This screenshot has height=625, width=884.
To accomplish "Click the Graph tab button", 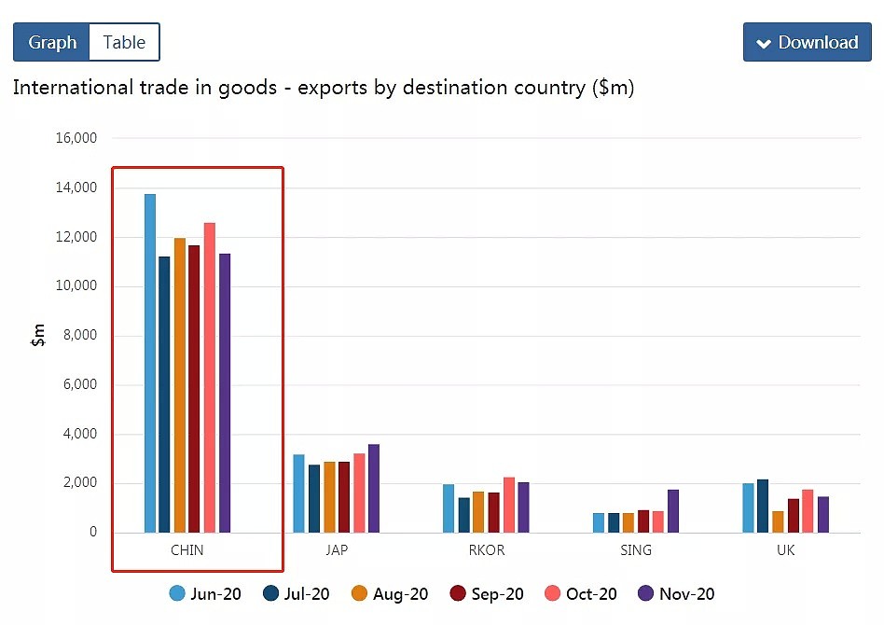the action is tap(51, 42).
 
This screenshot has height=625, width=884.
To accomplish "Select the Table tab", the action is tap(124, 42).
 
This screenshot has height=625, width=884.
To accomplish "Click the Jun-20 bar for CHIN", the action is tap(150, 363).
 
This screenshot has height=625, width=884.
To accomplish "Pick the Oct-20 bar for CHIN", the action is tap(210, 378).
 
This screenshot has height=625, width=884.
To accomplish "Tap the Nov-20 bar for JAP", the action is tap(374, 489).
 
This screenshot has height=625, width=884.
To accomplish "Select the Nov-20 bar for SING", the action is tap(673, 511).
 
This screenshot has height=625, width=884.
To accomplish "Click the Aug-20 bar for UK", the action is tap(778, 521).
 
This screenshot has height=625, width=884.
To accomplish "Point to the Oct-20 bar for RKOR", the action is tap(509, 505).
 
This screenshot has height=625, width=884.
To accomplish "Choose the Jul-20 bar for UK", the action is tap(763, 506).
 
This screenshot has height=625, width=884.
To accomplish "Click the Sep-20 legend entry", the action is tap(487, 593).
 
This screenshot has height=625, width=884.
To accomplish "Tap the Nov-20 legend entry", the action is tap(676, 593).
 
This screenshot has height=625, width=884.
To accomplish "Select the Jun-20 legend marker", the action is tap(177, 593).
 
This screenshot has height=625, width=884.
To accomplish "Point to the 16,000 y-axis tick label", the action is tap(76, 138).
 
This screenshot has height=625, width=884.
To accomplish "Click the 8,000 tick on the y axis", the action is tap(80, 335).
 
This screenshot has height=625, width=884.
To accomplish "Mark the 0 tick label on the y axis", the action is tap(93, 532).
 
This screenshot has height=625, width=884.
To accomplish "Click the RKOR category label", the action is tap(487, 550).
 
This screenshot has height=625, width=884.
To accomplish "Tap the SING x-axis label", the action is tap(636, 550).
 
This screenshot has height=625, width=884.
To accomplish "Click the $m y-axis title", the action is tap(38, 335).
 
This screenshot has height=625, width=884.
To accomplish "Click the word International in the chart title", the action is tap(73, 88).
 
